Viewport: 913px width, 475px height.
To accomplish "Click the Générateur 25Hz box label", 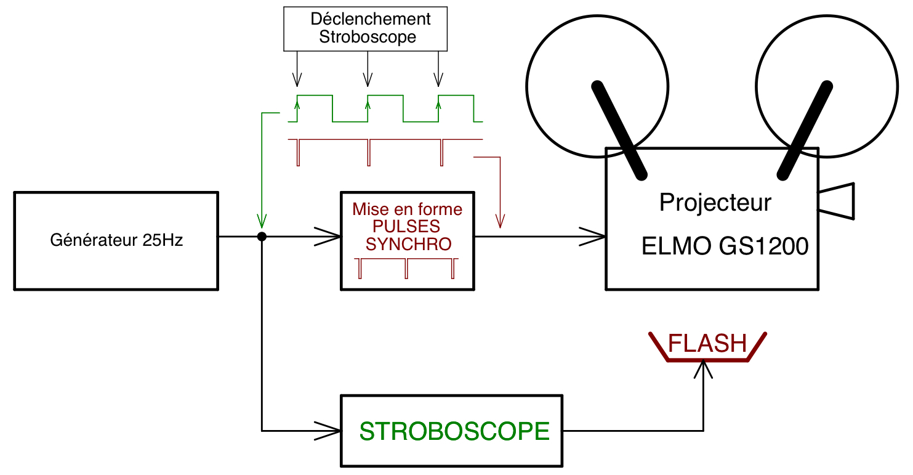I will [116, 240].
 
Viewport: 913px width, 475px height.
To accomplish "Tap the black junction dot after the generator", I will [262, 237].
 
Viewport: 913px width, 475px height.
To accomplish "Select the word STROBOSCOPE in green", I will [454, 432].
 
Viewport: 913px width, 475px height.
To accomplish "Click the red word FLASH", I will [707, 343].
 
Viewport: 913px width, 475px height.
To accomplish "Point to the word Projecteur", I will [715, 202].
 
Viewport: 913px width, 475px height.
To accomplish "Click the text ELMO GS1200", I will [725, 246].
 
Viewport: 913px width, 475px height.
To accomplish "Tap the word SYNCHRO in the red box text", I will [408, 244].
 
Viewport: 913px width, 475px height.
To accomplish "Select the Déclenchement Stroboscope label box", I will [365, 28].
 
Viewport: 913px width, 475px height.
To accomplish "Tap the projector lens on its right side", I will [837, 201].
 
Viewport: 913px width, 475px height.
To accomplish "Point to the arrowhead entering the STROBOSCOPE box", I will [329, 429].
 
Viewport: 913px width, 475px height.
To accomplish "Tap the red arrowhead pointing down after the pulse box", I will [500, 221].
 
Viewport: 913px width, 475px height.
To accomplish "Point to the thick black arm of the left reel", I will [619, 129].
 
